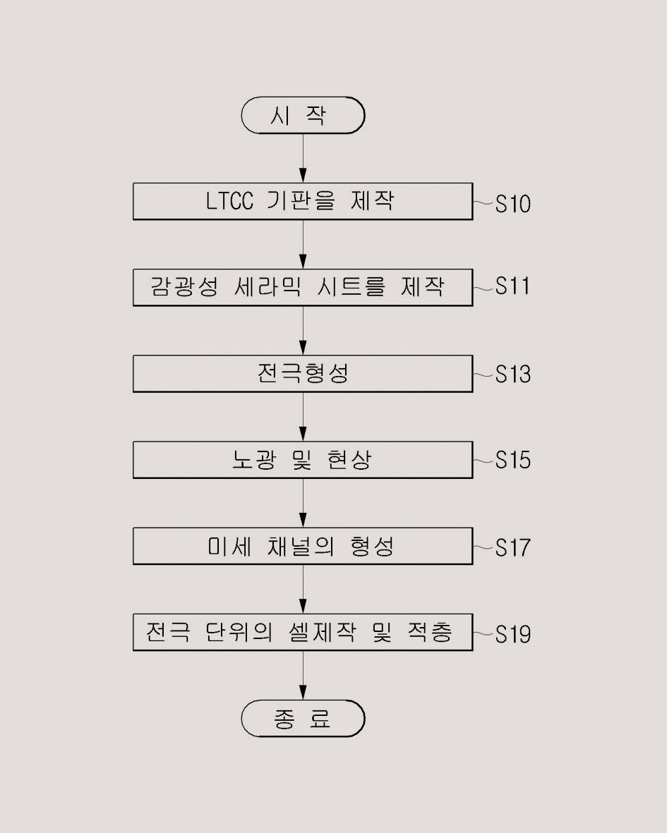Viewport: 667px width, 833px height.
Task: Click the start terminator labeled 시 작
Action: [303, 116]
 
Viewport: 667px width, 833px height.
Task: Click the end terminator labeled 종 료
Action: [303, 719]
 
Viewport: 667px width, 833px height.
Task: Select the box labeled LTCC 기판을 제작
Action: [303, 201]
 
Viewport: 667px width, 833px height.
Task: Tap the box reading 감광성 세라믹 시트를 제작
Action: [303, 287]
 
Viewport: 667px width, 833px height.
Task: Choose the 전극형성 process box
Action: [303, 373]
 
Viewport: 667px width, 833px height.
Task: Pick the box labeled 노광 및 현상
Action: [303, 460]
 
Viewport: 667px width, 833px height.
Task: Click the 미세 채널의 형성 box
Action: [303, 546]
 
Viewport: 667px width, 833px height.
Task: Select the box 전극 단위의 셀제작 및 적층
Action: [303, 632]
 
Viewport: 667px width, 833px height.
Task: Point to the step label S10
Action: [512, 205]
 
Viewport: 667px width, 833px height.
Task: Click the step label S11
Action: [512, 287]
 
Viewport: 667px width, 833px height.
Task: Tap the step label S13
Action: [512, 374]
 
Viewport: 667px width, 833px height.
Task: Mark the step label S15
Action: [512, 461]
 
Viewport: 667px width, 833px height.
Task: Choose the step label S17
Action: [512, 547]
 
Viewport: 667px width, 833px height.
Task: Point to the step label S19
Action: [512, 634]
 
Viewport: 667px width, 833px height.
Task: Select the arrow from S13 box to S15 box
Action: [304, 416]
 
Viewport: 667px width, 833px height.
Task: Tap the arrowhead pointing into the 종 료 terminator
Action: [304, 693]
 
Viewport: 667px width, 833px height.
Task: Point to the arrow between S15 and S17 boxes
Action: [304, 503]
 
